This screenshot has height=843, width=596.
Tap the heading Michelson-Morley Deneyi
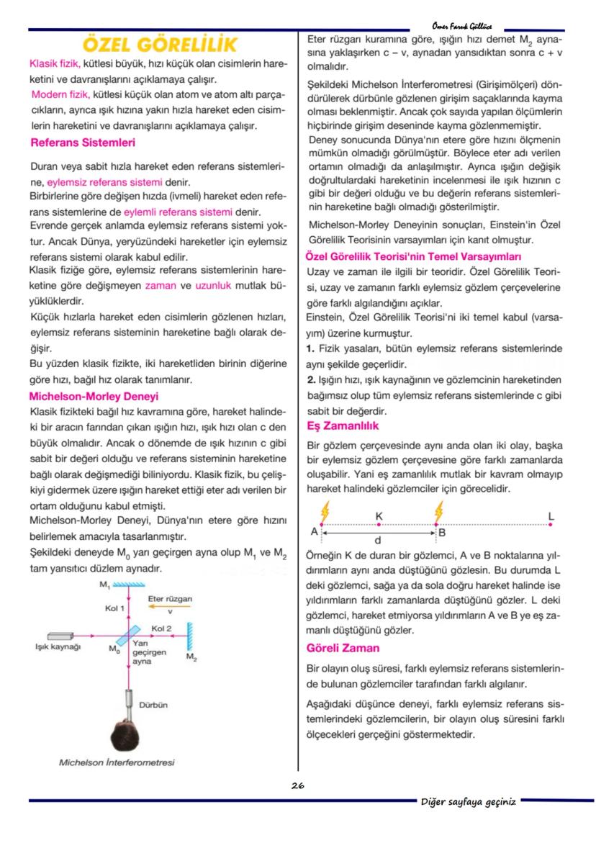(x=93, y=397)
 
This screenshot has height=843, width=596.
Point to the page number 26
(x=297, y=785)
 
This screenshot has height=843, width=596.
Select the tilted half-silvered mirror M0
(x=129, y=636)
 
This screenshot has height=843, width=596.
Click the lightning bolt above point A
(x=324, y=510)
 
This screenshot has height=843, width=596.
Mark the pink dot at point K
(x=379, y=526)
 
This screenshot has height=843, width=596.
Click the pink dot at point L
(x=551, y=526)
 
